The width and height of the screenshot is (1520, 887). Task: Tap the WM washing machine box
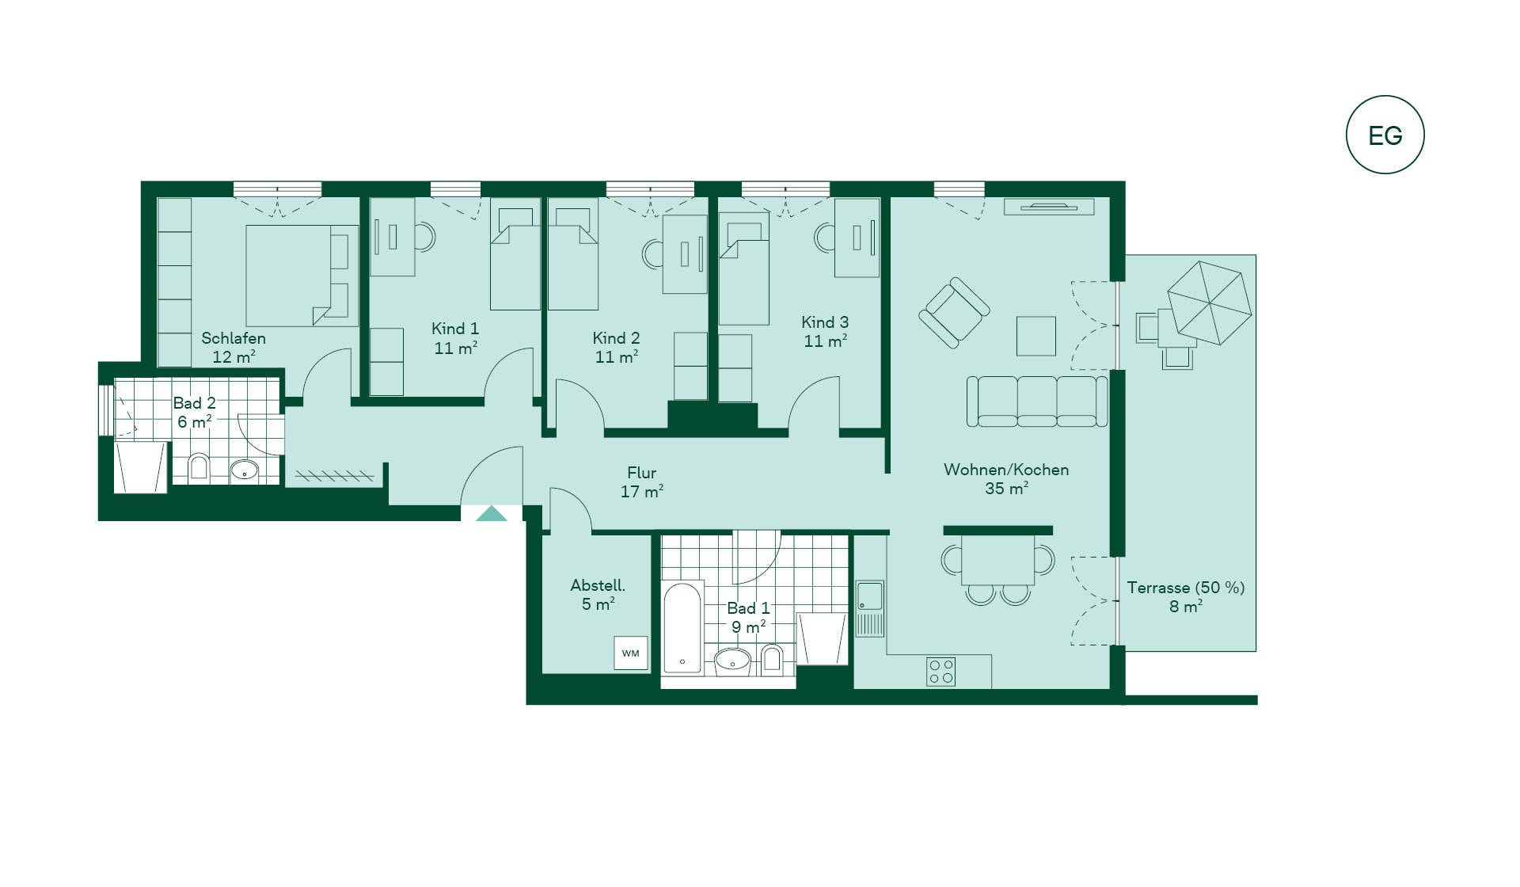[x=631, y=653]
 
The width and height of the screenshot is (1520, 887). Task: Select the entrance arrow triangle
[x=491, y=513]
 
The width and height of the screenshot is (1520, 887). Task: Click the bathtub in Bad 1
[x=682, y=628]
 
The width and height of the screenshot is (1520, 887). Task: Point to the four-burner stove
[x=940, y=672]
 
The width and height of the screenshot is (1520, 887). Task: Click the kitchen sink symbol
[x=869, y=608]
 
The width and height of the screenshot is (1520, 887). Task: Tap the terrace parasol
[x=1210, y=303]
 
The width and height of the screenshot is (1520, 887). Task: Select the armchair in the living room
[x=954, y=313]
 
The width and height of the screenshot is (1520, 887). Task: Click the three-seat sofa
[x=1037, y=402]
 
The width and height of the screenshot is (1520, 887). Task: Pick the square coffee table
[x=1036, y=336]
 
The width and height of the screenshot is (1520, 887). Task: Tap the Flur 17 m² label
[x=641, y=482]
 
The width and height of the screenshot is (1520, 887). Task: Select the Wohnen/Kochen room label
[x=1006, y=470]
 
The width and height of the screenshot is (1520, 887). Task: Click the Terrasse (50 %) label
[x=1186, y=588]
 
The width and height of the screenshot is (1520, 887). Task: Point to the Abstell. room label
[x=598, y=585]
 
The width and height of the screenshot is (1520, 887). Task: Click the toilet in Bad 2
[x=199, y=468]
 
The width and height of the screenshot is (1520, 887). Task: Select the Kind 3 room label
[x=825, y=322]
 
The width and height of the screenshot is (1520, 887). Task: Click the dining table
[x=998, y=560]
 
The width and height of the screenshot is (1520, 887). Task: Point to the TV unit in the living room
[x=1049, y=207]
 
